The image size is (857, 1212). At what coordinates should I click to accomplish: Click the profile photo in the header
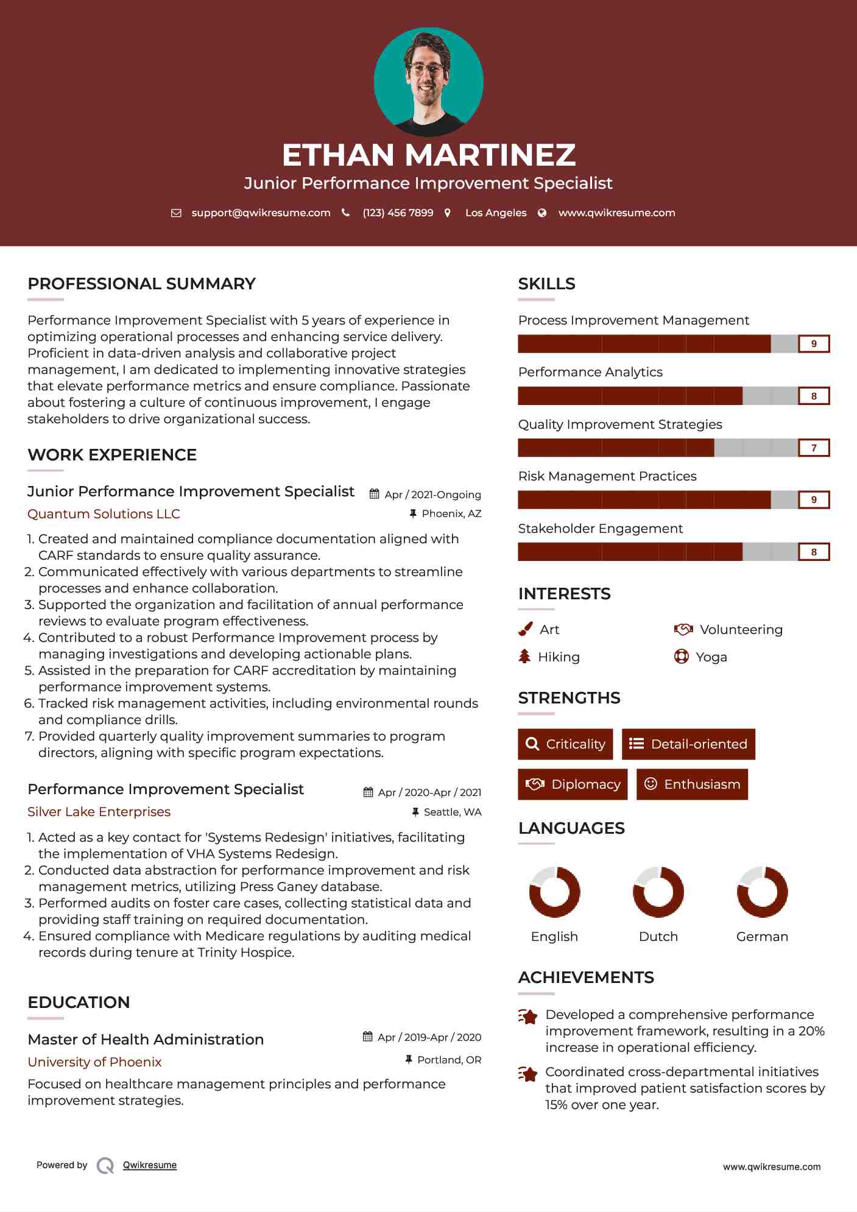point(428,82)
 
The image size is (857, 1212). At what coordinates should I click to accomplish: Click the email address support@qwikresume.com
point(261,213)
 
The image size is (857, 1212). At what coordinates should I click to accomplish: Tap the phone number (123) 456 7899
point(398,213)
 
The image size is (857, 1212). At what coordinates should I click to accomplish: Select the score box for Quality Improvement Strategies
point(814,448)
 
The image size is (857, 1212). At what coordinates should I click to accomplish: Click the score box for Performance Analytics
point(814,396)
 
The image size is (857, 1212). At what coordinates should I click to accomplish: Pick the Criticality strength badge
point(565,744)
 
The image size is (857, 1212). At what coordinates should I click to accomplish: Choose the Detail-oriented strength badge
point(688,744)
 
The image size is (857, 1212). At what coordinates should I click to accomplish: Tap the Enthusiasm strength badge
point(692,784)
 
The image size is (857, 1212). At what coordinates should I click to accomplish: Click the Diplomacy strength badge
point(573,784)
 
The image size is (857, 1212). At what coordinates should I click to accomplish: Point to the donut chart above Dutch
point(658,892)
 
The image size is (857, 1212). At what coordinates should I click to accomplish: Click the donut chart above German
point(762,892)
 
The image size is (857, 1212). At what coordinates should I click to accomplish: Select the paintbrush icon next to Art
point(525,629)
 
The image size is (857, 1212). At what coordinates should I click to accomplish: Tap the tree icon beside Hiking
point(524,657)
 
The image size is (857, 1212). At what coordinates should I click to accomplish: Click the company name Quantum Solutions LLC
point(104,514)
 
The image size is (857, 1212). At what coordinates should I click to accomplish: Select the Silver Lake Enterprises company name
point(99,812)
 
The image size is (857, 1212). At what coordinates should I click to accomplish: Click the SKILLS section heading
point(546,284)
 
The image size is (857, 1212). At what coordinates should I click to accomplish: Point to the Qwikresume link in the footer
point(150,1165)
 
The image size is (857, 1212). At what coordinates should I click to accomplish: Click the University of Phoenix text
point(94,1062)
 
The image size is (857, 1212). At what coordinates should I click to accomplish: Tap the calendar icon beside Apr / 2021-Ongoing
point(375,494)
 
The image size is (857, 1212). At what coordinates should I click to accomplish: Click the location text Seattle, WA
point(452,812)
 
